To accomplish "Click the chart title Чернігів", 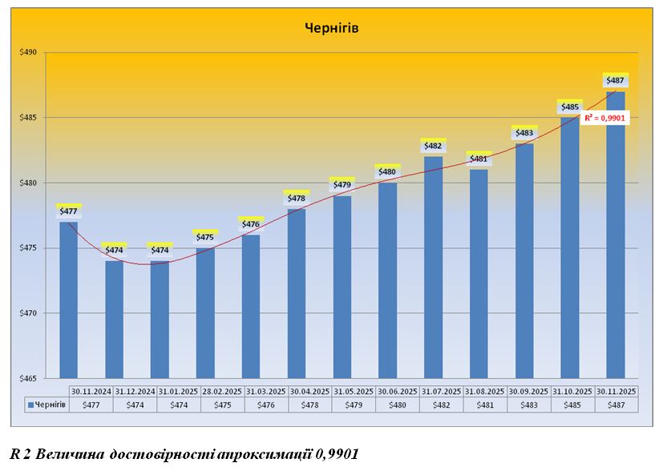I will (x=331, y=28).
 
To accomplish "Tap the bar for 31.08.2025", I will (x=479, y=273).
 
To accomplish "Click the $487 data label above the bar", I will (x=615, y=80).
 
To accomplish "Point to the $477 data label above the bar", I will (x=68, y=211).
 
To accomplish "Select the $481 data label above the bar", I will (x=479, y=159).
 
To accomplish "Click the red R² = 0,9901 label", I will (x=604, y=118).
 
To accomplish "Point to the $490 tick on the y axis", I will (x=38, y=53).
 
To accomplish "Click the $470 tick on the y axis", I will (x=38, y=313).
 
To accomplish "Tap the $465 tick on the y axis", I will (x=38, y=378).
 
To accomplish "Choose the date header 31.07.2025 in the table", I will (x=441, y=391).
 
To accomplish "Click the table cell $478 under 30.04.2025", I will (x=309, y=405).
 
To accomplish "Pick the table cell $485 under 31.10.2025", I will (x=571, y=405).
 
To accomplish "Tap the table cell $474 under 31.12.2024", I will (x=134, y=405).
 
